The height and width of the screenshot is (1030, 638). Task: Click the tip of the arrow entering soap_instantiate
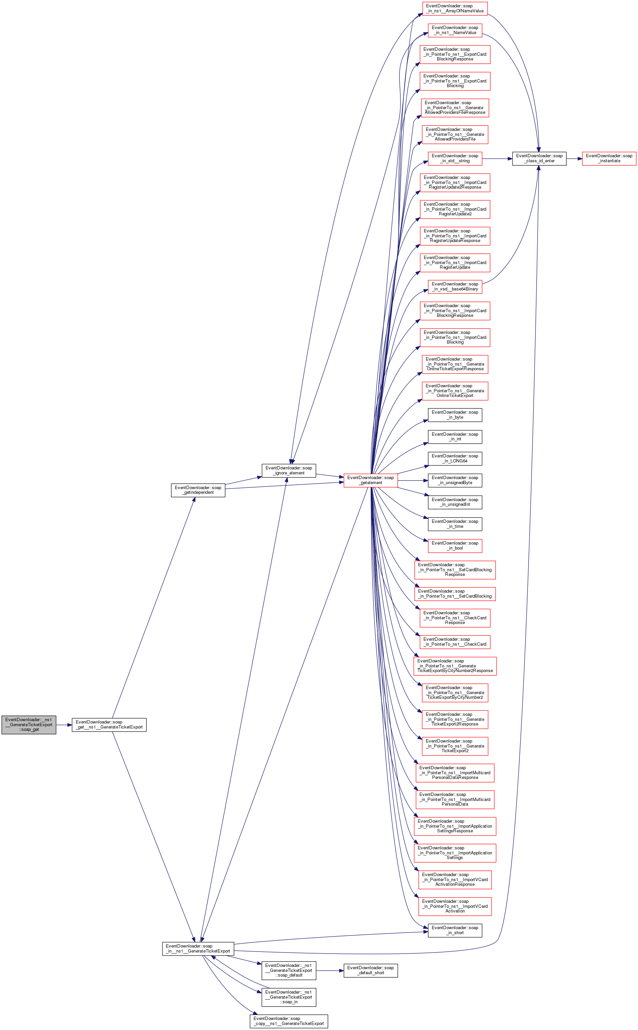pyautogui.click(x=582, y=159)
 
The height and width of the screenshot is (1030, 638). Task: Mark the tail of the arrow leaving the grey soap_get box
pyautogui.click(x=56, y=725)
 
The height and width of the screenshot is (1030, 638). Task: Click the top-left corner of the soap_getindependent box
pyautogui.click(x=171, y=484)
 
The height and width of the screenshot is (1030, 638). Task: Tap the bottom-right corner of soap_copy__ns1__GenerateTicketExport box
pyautogui.click(x=328, y=1028)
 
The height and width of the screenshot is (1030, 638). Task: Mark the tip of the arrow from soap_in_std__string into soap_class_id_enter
pyautogui.click(x=513, y=159)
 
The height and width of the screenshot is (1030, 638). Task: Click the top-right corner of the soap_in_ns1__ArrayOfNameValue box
pyautogui.click(x=488, y=2)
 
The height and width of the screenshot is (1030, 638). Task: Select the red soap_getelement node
pyautogui.click(x=370, y=480)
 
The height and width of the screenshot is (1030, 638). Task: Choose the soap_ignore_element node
pyautogui.click(x=289, y=471)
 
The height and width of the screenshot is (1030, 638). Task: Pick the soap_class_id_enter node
pyautogui.click(x=539, y=159)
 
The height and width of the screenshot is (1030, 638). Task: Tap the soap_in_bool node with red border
pyautogui.click(x=455, y=546)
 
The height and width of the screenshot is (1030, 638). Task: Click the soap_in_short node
pyautogui.click(x=455, y=931)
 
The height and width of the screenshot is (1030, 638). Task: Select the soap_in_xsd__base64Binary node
pyautogui.click(x=455, y=286)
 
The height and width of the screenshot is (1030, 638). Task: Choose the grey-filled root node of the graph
pyautogui.click(x=29, y=725)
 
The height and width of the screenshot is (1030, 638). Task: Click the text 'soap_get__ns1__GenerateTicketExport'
pyautogui.click(x=109, y=725)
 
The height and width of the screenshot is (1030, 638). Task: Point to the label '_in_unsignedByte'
pyautogui.click(x=455, y=483)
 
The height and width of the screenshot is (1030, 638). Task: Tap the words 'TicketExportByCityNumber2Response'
pyautogui.click(x=455, y=671)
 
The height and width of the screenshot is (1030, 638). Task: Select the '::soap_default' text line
pyautogui.click(x=289, y=976)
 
